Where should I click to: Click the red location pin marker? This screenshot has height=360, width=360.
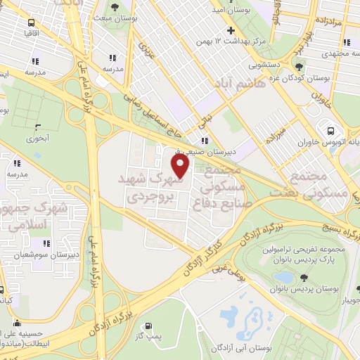181,166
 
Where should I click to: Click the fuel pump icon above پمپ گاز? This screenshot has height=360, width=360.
148,326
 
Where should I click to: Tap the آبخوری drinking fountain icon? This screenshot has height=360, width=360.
39,128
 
